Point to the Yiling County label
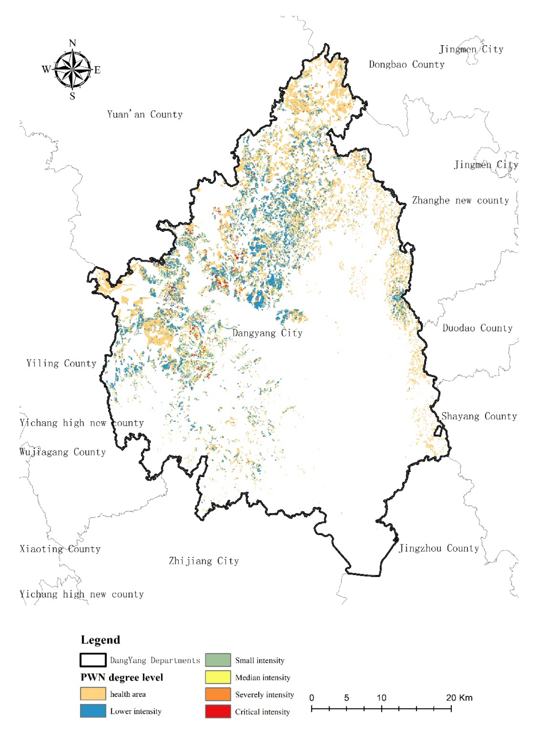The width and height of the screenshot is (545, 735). [61, 363]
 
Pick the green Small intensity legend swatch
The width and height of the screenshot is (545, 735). [218, 660]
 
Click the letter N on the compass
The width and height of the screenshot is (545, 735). [73, 43]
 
